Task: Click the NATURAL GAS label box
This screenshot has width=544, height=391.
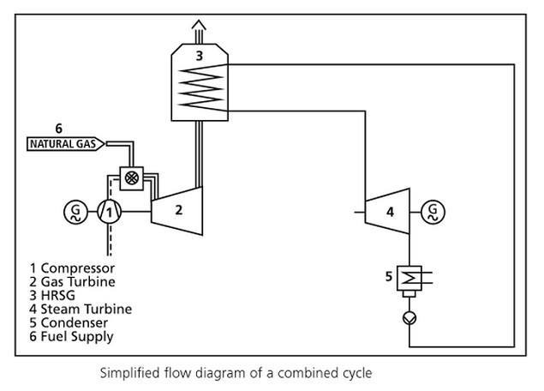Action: coord(65,143)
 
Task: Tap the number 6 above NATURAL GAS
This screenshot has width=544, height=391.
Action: coord(58,129)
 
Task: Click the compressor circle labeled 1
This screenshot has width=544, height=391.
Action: coord(109,210)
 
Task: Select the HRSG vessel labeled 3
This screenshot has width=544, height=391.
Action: coord(199,81)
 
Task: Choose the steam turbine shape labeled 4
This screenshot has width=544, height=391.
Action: coord(390,210)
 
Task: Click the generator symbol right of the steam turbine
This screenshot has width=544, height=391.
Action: coord(433,210)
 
